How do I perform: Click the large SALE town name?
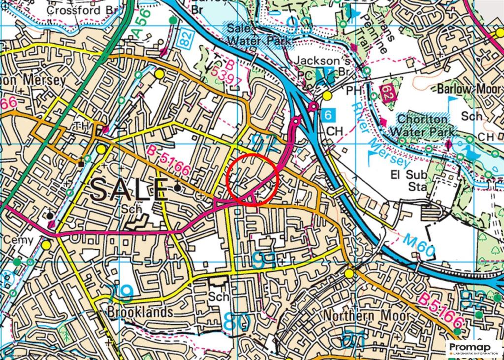coord(129,189)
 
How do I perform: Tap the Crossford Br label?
coord(80,10)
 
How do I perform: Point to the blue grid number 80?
coord(237,322)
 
